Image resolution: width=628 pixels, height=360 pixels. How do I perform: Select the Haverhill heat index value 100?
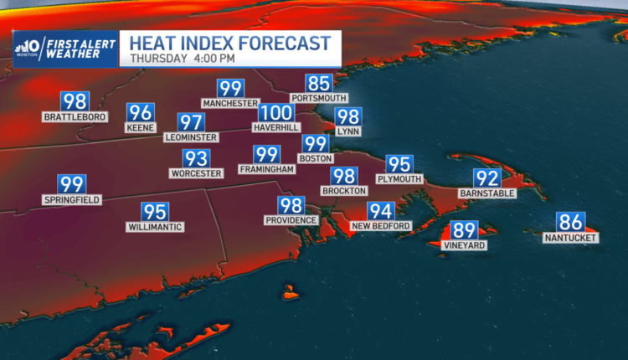275,113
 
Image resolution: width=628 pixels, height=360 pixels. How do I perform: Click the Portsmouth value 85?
319,84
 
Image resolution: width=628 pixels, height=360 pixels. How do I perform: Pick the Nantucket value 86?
570,223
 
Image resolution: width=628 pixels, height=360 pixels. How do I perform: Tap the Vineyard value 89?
463,230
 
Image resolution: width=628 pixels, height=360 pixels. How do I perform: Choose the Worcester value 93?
196,159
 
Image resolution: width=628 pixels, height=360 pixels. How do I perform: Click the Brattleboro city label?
75,117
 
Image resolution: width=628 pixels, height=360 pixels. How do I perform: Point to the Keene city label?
141,128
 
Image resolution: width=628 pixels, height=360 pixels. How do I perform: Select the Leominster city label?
192,137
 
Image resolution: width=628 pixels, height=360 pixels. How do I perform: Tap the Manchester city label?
229,103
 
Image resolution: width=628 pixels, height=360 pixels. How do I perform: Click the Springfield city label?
72,200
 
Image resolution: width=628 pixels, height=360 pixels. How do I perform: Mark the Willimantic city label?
155,227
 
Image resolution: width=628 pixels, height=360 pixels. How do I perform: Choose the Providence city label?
291,220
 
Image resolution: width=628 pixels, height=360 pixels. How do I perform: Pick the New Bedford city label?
381,226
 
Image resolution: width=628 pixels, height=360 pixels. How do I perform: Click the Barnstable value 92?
487,178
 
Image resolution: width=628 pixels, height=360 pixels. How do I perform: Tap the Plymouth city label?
399,179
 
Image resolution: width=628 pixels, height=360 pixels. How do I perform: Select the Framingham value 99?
267,154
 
